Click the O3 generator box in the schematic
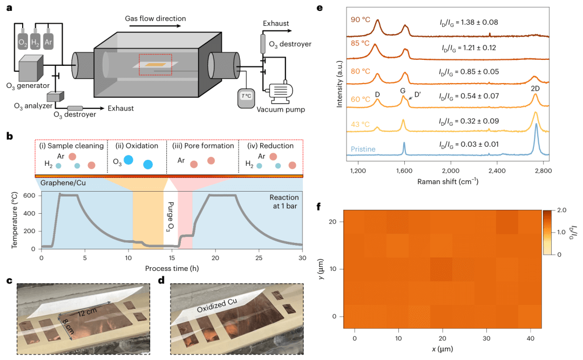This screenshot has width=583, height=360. point(34,69)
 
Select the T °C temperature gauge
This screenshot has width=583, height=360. point(247,96)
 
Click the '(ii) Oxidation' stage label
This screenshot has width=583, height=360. point(135,146)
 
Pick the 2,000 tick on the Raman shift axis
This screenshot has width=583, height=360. point(450,170)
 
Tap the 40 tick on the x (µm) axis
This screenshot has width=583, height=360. point(531,338)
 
